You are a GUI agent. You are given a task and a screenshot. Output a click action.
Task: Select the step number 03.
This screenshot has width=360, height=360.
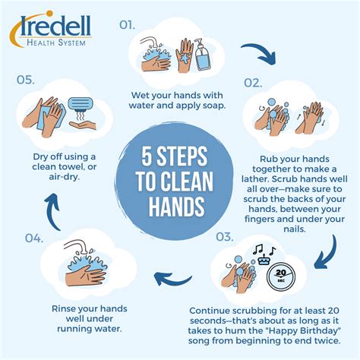tap(226, 236)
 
